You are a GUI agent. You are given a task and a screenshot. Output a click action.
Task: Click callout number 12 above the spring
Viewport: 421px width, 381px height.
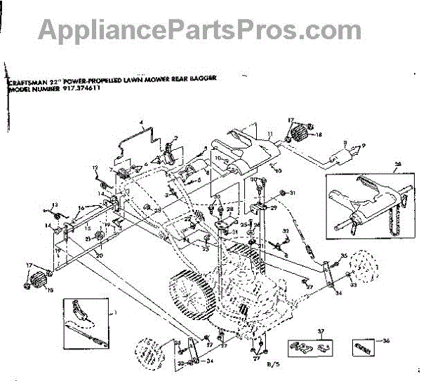pyautogui.click(x=94, y=167)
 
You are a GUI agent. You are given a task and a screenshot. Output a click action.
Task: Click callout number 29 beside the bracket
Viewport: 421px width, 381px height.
pyautogui.click(x=274, y=207)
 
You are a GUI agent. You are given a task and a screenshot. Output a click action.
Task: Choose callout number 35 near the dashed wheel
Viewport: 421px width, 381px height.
pyautogui.click(x=344, y=255)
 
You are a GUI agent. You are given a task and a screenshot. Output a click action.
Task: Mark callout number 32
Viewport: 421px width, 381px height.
pyautogui.click(x=286, y=231)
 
